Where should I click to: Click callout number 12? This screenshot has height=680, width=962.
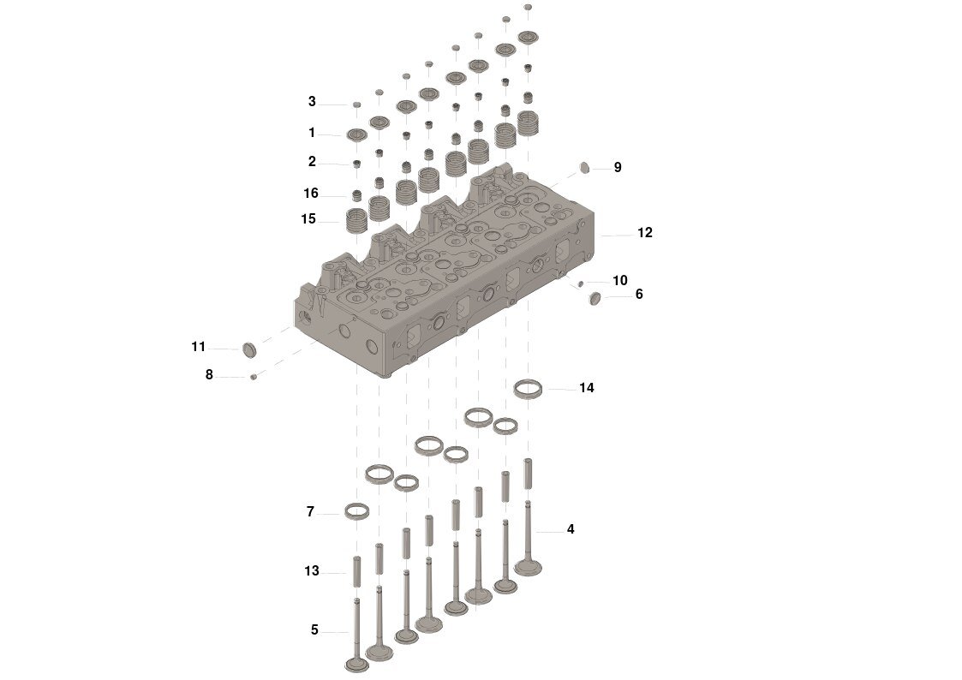click(644, 233)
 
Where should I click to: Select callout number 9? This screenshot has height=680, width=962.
click(617, 167)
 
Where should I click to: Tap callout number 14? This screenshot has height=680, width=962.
click(586, 388)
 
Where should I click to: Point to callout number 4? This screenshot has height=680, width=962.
click(571, 529)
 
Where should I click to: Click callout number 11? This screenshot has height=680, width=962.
click(198, 347)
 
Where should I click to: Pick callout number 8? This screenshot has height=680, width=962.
click(209, 374)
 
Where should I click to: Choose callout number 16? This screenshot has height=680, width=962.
click(310, 194)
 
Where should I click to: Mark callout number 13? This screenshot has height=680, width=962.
click(311, 570)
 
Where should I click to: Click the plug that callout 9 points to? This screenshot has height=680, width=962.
click(586, 166)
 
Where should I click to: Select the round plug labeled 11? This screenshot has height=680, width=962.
click(249, 349)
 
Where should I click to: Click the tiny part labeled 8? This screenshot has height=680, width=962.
click(254, 376)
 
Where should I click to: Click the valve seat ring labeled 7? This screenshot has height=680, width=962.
click(356, 512)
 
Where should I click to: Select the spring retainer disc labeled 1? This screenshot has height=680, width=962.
click(356, 134)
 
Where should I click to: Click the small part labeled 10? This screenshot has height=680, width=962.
click(582, 283)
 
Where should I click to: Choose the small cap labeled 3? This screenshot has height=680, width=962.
click(356, 104)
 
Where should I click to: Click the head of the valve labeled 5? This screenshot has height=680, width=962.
click(356, 664)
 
